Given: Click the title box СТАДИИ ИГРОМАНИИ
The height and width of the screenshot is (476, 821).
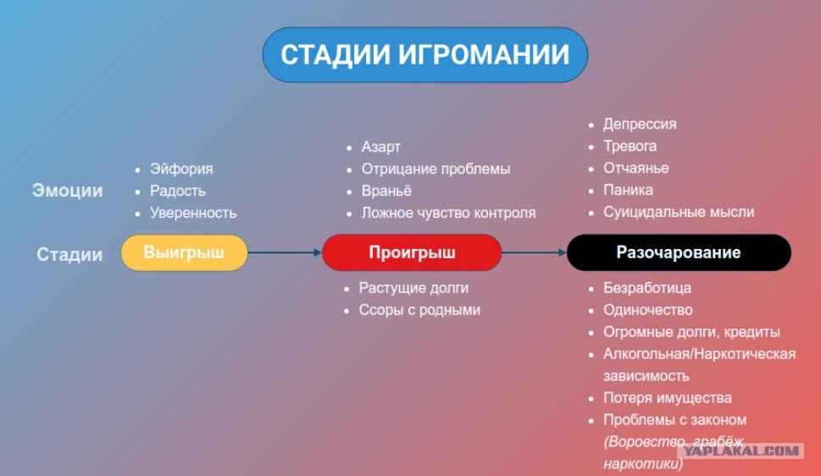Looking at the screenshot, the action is (424, 54).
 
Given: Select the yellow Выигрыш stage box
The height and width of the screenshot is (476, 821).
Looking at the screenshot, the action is (185, 252).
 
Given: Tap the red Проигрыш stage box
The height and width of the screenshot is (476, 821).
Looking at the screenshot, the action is (412, 252).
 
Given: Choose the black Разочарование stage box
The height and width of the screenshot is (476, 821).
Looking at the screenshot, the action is (679, 252).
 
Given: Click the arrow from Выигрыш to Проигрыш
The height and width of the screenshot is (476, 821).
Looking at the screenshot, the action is (285, 252).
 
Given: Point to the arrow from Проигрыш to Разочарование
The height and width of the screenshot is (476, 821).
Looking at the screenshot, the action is (534, 252).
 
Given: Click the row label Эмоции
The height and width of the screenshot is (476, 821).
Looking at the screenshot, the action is (68, 191).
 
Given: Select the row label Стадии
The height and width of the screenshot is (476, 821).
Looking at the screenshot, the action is (69, 254).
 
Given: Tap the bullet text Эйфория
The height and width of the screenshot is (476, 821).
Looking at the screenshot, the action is (181, 169).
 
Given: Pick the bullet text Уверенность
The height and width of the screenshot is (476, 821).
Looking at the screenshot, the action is (193, 213).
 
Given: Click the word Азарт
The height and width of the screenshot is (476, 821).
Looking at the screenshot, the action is (380, 147).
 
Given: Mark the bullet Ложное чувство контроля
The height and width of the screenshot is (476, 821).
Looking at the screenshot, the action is (449, 213).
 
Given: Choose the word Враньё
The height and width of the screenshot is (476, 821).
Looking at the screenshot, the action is (386, 191).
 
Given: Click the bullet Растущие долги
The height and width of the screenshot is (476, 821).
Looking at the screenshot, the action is (413, 288).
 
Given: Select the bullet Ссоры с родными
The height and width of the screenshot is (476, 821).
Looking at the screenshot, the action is (419, 310).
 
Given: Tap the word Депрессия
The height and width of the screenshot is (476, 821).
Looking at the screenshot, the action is (640, 125).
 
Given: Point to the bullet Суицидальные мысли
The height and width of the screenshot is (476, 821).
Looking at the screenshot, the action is (679, 212).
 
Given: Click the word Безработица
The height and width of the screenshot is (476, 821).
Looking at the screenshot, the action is (647, 288).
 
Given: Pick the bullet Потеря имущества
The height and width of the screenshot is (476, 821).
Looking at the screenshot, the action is (668, 398).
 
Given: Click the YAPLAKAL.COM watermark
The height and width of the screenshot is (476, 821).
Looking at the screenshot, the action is (741, 451).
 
